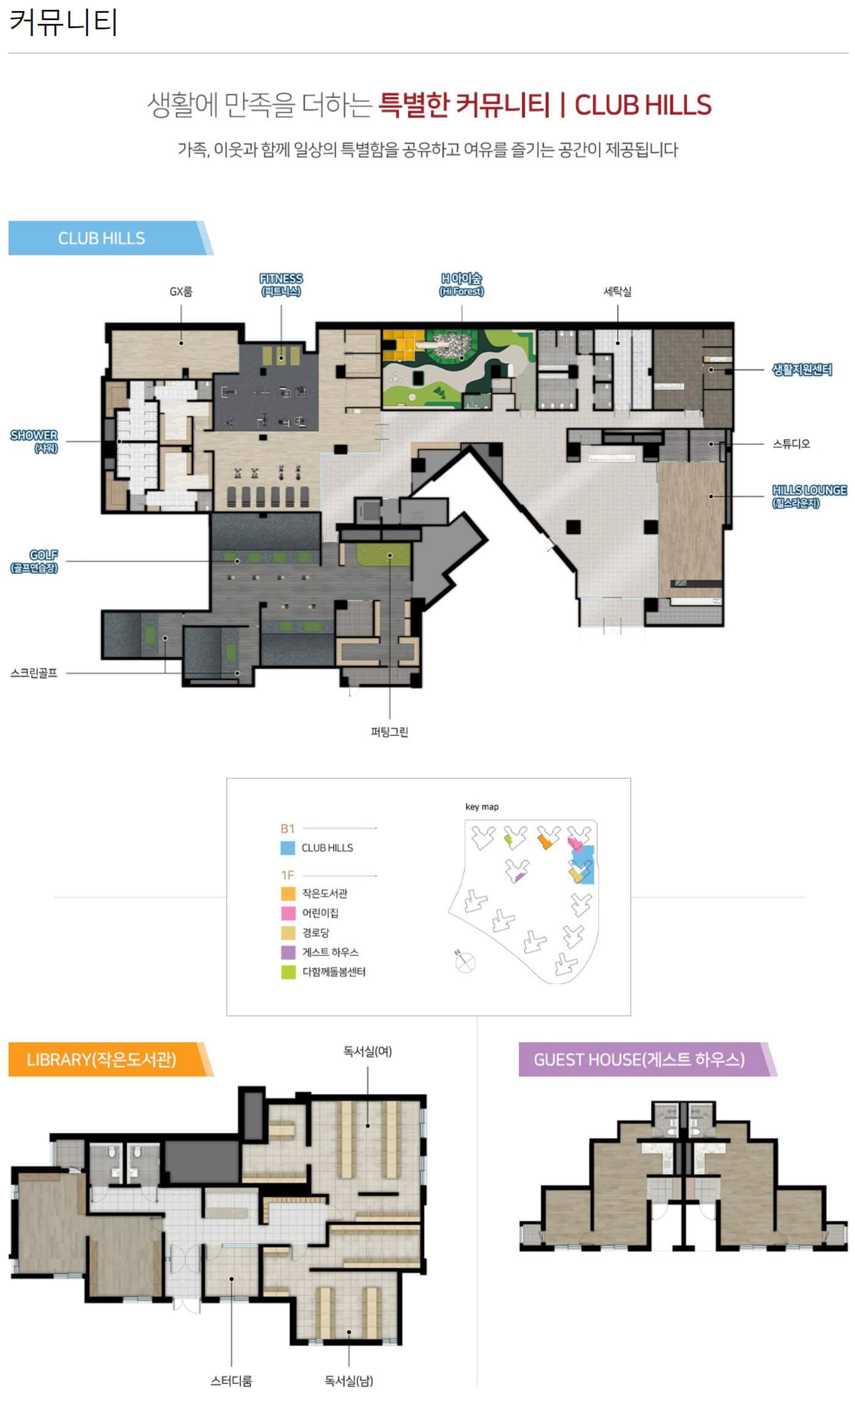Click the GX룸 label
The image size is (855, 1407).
click(181, 292)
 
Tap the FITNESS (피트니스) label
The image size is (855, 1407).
click(281, 285)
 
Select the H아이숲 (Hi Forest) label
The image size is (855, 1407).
click(461, 285)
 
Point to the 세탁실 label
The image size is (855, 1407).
click(617, 292)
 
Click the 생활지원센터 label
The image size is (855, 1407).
click(802, 370)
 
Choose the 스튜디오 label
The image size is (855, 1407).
click(791, 444)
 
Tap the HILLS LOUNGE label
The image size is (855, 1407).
click(809, 496)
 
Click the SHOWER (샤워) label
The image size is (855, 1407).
click(34, 441)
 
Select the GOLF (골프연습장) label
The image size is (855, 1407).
click(34, 561)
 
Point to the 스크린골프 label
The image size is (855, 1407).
click(34, 673)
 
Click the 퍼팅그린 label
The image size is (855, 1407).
click(389, 732)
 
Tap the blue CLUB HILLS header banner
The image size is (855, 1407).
click(111, 238)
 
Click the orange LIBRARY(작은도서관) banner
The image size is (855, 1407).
click(111, 1059)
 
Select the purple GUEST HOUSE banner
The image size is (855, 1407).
click(647, 1059)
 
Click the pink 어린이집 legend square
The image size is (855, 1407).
click(288, 913)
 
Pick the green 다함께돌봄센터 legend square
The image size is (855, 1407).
click(288, 972)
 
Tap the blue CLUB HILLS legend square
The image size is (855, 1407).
click(288, 848)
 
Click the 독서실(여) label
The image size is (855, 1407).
click(367, 1051)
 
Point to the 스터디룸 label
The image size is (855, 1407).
click(231, 1381)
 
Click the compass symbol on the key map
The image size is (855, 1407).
click(464, 961)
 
